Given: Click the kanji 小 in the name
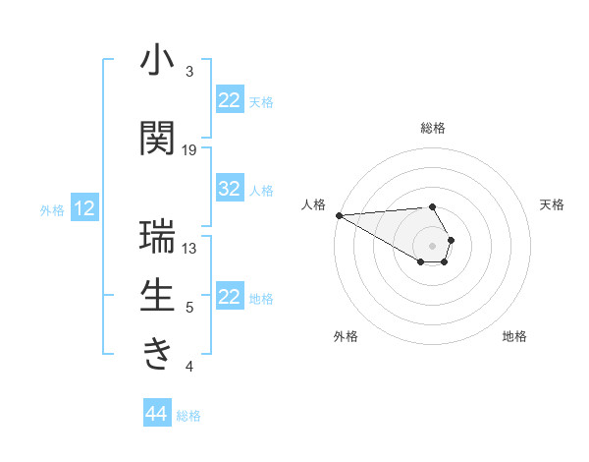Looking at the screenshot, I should coord(157,61).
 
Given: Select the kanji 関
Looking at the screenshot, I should coord(157,139).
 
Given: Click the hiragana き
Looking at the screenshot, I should coord(157,355).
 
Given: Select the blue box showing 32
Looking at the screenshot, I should coord(230,190).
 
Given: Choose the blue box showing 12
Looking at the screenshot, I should coord(84,208).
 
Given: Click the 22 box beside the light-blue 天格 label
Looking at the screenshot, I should coord(230,100).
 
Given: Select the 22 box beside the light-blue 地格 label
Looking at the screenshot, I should coord(230,297).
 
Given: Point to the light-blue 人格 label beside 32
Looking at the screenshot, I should coord(261,191).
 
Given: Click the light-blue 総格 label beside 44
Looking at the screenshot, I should coord(188,416).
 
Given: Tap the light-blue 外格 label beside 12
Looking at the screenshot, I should coord(52,209).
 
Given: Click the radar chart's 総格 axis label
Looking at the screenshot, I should coord(433,128).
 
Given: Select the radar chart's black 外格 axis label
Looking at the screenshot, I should coord(346,336).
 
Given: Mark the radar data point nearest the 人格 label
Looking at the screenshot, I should coord(339,215).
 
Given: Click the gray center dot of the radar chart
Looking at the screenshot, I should coord(433,245).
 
